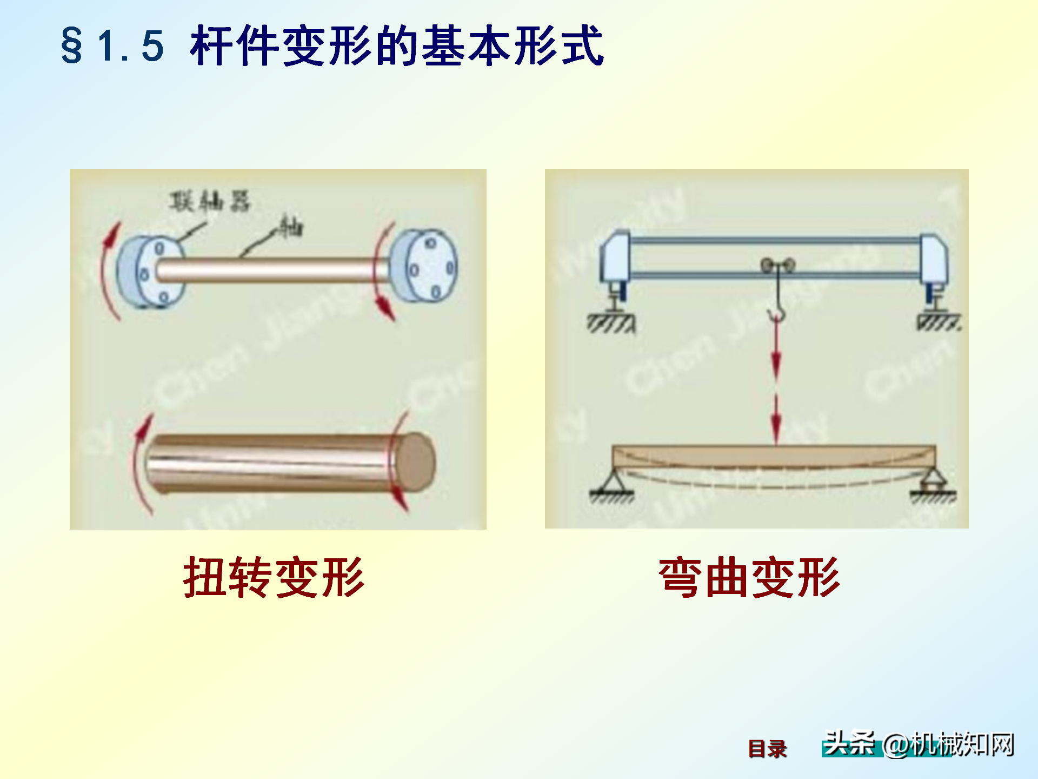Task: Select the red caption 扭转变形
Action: [x=274, y=578]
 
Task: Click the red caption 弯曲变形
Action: [x=749, y=578]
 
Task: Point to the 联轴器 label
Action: [x=210, y=202]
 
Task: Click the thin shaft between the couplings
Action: [x=270, y=269]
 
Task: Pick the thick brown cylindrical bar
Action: [x=270, y=463]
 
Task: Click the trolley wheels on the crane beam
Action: [x=777, y=266]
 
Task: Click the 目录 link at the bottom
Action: [x=767, y=749]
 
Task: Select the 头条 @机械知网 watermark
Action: [x=918, y=744]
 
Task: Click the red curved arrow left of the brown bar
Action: [x=140, y=463]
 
